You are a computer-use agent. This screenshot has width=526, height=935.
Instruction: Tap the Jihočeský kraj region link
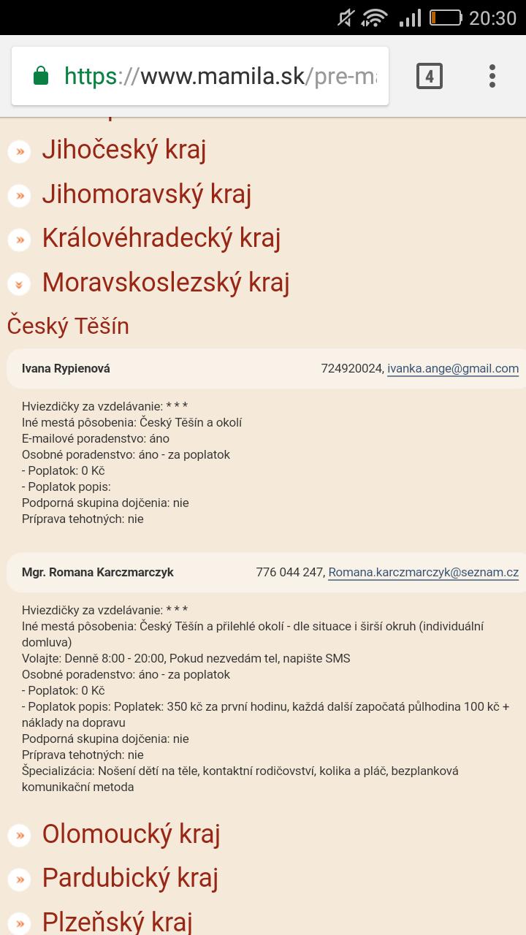coord(123,150)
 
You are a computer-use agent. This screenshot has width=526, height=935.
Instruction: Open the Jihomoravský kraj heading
coord(146,194)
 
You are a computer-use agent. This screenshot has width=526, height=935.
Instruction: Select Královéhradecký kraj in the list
coord(161,237)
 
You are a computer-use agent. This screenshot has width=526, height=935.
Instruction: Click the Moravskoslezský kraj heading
coord(165,282)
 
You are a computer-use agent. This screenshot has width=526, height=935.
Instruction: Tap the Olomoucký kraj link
coord(131,833)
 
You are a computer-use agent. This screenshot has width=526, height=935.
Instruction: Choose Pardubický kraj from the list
coord(130,877)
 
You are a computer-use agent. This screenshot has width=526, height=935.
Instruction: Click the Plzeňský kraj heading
coord(117,921)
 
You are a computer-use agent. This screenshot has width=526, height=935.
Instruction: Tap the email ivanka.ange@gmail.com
coord(453,369)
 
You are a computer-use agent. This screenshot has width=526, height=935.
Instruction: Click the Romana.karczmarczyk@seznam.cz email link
coord(424,573)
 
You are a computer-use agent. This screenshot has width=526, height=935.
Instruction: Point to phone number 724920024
coord(351,369)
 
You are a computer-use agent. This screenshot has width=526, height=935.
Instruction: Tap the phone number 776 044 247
coord(289,573)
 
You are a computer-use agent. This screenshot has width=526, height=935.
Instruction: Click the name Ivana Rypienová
coord(66,369)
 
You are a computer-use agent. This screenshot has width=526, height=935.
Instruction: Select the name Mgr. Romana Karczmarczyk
coord(98,573)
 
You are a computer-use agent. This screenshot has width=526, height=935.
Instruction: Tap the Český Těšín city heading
coord(68,326)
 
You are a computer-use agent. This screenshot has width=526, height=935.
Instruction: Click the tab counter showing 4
coord(430,76)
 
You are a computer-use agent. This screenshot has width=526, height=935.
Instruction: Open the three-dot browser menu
coord(492,76)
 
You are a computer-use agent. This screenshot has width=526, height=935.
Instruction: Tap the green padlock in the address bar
coord(41,76)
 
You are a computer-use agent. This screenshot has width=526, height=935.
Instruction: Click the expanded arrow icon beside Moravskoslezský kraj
coord(19,283)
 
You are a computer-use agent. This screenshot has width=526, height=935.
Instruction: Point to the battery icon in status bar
coord(445,18)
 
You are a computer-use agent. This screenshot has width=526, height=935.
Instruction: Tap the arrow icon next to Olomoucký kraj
coord(19,835)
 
